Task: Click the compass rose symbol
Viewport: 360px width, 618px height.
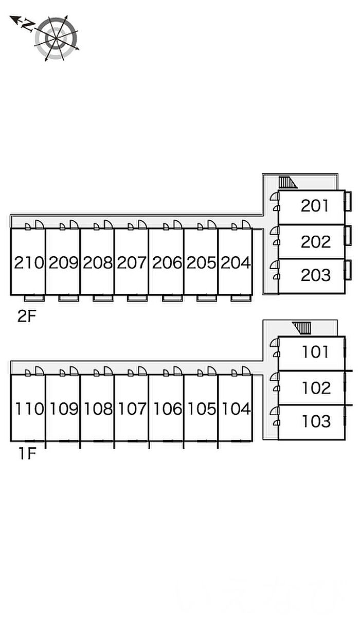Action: point(57,38)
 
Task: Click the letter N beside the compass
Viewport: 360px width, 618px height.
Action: point(28,25)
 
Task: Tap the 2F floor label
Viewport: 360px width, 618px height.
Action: point(27,316)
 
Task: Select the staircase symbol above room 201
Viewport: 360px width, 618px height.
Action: point(287,182)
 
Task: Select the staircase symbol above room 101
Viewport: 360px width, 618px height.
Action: point(301,328)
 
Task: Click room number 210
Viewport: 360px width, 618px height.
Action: point(29,262)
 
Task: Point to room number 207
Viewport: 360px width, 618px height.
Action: point(132,262)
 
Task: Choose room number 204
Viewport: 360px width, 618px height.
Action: point(236,262)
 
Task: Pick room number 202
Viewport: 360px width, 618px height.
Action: point(316,242)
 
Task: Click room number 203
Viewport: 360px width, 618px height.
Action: point(316,275)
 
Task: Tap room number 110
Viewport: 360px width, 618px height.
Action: point(29,409)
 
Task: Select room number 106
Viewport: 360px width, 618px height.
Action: point(168,409)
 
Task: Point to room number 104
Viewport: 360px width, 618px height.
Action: point(236,409)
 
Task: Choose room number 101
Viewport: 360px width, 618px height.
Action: point(315,352)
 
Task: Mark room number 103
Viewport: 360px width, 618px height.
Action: point(316,421)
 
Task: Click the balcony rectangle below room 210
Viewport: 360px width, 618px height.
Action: point(34,298)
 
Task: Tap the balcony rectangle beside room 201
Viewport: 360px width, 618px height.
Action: point(348,201)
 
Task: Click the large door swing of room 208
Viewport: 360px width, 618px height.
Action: point(108,225)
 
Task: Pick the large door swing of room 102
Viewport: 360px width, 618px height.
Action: point(275,377)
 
